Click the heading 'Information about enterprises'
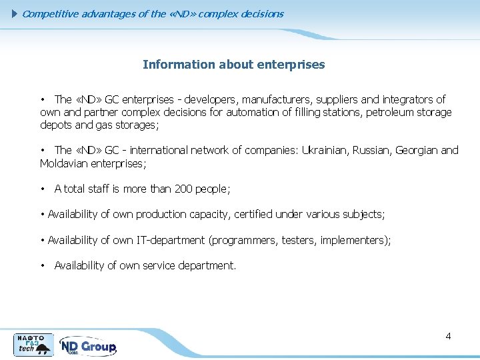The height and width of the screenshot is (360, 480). (x=233, y=65)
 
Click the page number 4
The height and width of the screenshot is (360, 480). (x=448, y=336)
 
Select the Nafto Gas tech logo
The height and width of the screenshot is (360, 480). (x=34, y=345)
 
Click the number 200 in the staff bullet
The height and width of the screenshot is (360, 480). (x=183, y=189)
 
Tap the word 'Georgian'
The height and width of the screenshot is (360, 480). (x=417, y=150)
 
